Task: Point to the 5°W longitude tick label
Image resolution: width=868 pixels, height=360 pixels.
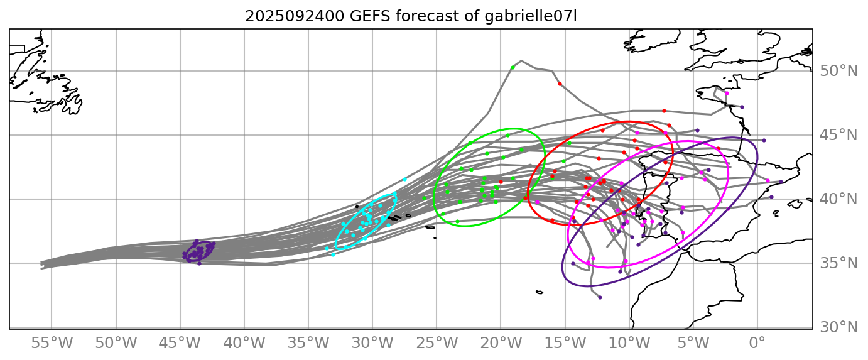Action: [x=693, y=343]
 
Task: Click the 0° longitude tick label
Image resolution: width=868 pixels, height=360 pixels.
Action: [x=757, y=343]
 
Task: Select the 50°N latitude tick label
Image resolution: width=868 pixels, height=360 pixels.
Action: [x=838, y=71]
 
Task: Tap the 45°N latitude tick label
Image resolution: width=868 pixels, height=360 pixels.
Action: [x=838, y=135]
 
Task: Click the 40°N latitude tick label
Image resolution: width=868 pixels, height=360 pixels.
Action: [x=838, y=199]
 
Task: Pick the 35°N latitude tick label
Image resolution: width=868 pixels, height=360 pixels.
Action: [x=838, y=263]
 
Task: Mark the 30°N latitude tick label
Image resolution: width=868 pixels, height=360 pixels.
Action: [x=838, y=327]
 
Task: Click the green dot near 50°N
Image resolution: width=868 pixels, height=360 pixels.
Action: [x=513, y=67]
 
